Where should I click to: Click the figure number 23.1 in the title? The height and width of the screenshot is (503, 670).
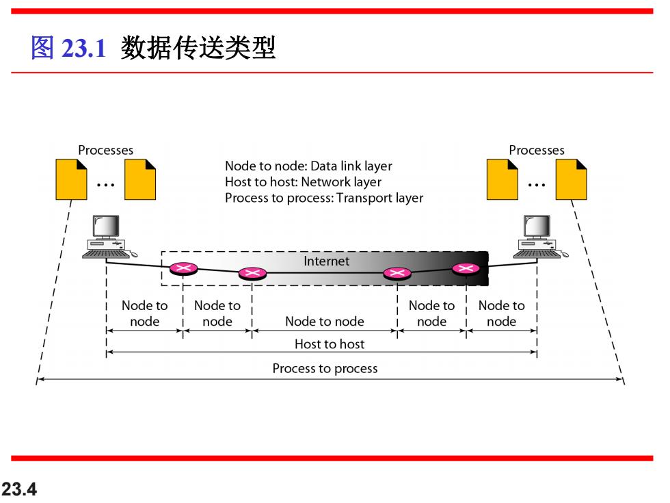pyautogui.click(x=83, y=47)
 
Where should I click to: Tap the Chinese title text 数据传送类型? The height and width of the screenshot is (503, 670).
pyautogui.click(x=198, y=47)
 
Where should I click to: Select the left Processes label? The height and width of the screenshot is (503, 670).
pyautogui.click(x=105, y=150)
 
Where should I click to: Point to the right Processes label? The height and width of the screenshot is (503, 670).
pyautogui.click(x=536, y=150)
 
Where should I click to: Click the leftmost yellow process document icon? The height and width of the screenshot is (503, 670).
pyautogui.click(x=71, y=179)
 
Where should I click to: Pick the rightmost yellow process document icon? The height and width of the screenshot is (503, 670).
pyautogui.click(x=572, y=179)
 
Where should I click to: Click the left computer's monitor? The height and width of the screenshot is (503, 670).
pyautogui.click(x=105, y=227)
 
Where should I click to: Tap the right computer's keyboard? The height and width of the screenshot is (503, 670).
pyautogui.click(x=537, y=254)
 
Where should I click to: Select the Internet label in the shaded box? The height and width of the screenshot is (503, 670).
pyautogui.click(x=327, y=261)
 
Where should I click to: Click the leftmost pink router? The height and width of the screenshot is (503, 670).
pyautogui.click(x=183, y=268)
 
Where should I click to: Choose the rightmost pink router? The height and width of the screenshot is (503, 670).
pyautogui.click(x=466, y=268)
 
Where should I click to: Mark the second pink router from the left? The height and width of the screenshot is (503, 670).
pyautogui.click(x=252, y=273)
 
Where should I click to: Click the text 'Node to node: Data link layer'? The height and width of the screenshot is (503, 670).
pyautogui.click(x=308, y=166)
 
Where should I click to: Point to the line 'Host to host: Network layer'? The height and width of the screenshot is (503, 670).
pyautogui.click(x=304, y=182)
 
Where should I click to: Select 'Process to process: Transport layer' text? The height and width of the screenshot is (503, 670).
pyautogui.click(x=324, y=198)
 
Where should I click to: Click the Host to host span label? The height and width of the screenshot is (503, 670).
pyautogui.click(x=330, y=344)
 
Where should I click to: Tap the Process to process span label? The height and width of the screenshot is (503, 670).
pyautogui.click(x=325, y=369)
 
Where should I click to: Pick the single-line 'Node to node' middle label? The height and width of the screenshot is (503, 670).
pyautogui.click(x=325, y=321)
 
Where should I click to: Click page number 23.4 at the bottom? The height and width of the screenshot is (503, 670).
pyautogui.click(x=19, y=489)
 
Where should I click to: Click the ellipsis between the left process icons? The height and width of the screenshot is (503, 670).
pyautogui.click(x=105, y=185)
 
